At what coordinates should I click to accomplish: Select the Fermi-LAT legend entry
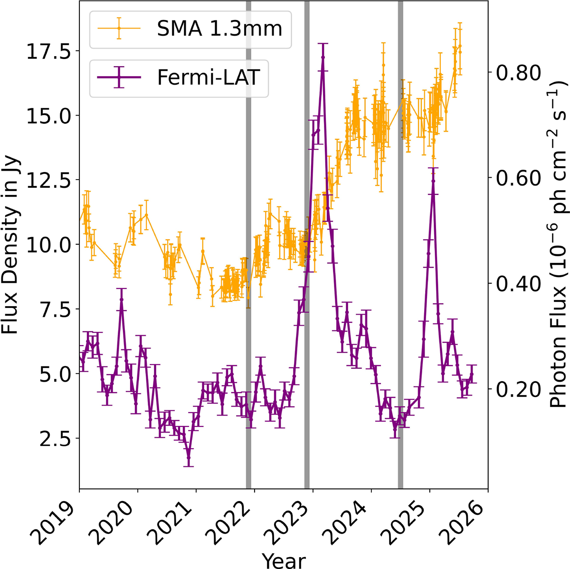pos(179,77)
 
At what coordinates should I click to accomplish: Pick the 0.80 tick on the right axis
pos(518,72)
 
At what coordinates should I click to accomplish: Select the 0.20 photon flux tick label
pos(518,389)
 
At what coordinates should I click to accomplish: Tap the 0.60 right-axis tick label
pos(518,178)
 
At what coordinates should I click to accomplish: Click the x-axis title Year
pos(284,560)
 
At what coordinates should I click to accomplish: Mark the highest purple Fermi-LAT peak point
pos(323,58)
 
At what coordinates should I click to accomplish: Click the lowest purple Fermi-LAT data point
pos(189,458)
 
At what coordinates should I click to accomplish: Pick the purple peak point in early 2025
pos(433,181)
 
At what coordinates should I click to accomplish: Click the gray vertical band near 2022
pos(248,244)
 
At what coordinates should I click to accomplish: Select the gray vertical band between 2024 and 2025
pos(400,244)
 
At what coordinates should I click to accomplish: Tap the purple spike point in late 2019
pos(121,299)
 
